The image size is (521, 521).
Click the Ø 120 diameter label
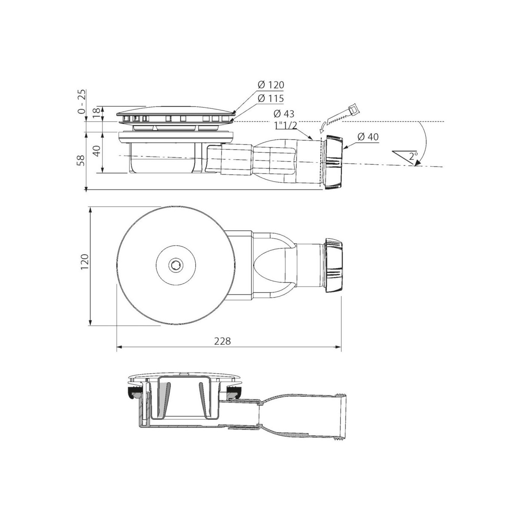point(271,85)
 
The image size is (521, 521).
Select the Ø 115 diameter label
point(271,98)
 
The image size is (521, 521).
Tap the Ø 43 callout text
point(284,114)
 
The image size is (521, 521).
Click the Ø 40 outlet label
point(368,137)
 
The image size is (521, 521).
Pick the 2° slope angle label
point(413,156)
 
